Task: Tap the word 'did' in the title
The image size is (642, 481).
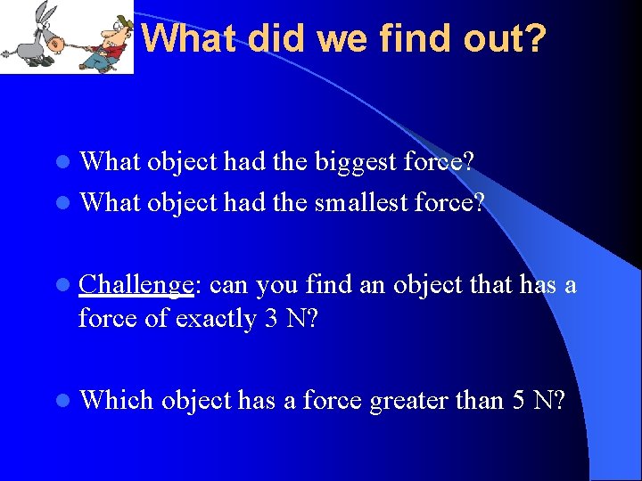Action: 266,38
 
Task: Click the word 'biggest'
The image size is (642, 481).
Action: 350,162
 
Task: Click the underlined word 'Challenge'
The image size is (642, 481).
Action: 136,284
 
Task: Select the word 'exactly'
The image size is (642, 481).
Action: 210,318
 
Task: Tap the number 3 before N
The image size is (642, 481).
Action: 271,318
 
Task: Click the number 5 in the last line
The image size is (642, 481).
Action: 519,400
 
